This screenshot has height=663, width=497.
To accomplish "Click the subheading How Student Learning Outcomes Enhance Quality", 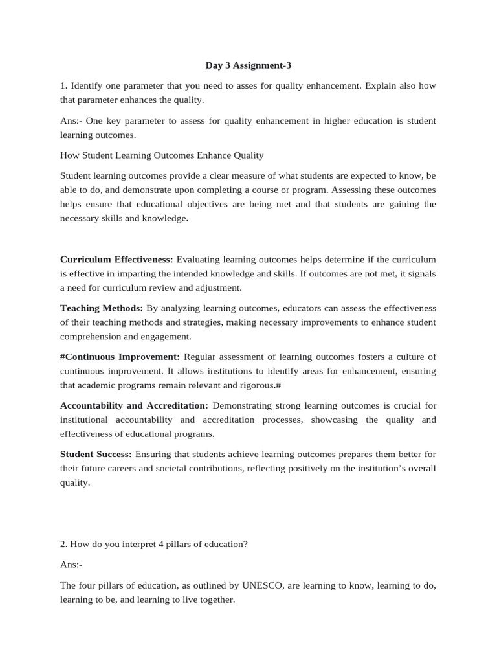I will click(162, 155).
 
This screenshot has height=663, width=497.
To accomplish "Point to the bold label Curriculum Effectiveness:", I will click(116, 259).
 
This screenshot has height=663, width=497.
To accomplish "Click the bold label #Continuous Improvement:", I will click(120, 357).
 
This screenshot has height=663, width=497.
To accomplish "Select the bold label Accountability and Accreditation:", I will click(134, 405).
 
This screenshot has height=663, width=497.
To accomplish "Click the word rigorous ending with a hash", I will click(259, 385).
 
